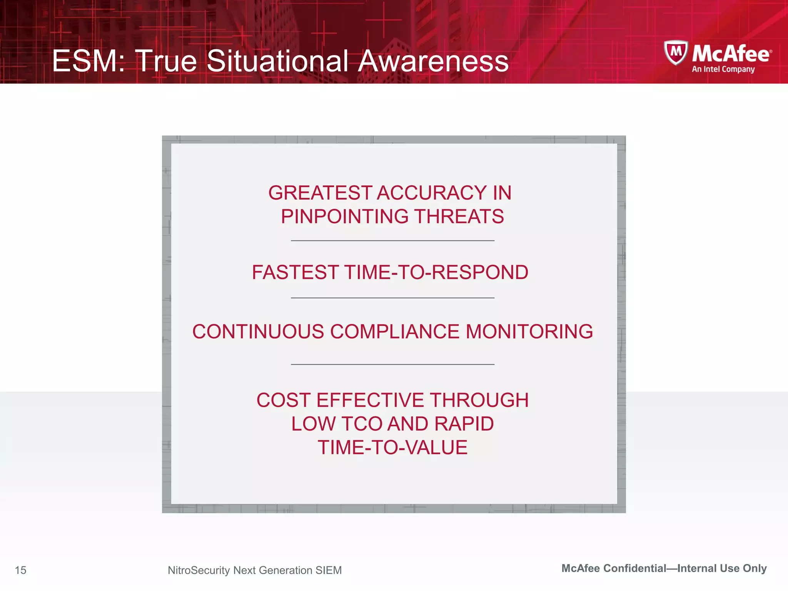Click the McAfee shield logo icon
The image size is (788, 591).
(x=676, y=52)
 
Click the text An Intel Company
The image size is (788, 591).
(x=723, y=69)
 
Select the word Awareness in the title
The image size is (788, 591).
(x=433, y=61)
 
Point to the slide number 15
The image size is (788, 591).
(x=20, y=570)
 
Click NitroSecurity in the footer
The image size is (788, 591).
(x=199, y=570)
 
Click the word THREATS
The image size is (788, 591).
(x=459, y=216)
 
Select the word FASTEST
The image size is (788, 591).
(x=295, y=272)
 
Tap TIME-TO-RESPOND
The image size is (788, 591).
(x=436, y=272)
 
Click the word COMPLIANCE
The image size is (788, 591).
(x=395, y=332)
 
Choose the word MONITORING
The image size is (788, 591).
(x=529, y=332)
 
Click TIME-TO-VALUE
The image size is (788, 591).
(x=392, y=447)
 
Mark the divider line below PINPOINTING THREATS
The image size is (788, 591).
(x=392, y=241)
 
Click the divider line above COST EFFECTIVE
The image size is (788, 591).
(x=392, y=364)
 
